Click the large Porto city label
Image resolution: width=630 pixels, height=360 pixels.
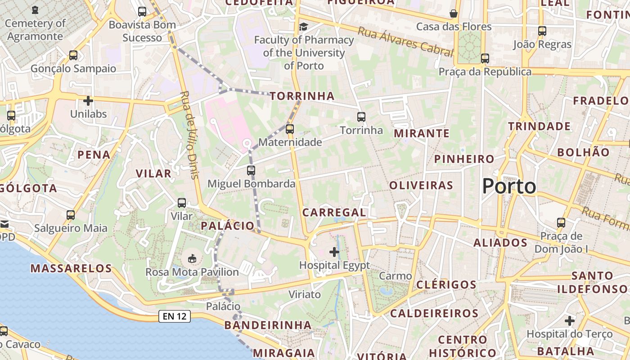point(509,186)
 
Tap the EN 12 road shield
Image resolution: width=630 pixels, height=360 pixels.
point(175,316)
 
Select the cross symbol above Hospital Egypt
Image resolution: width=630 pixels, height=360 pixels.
point(334,252)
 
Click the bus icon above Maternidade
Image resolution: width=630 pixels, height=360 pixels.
point(290,129)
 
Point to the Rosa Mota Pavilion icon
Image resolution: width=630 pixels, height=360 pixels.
point(192,258)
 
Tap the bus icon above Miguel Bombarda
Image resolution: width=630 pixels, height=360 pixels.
point(251,171)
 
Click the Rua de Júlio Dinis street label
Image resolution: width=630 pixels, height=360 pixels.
point(189,135)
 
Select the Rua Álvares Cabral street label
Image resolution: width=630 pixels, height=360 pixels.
point(405,42)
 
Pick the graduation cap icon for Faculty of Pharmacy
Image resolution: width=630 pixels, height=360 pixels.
point(304,27)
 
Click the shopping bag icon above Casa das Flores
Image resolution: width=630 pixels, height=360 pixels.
point(454,13)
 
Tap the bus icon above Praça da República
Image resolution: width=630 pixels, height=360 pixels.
point(485,58)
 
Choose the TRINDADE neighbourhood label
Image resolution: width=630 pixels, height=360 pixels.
point(539,126)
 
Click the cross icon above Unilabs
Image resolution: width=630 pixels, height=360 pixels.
point(88,100)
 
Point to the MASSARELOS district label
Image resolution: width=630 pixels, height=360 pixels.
point(71,269)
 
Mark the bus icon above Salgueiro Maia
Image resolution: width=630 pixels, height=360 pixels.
point(71,215)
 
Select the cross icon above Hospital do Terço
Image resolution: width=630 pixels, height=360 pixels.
point(570,321)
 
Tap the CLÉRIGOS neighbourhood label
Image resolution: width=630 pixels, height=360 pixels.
point(446,284)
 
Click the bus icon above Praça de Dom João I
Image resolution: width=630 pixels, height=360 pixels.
point(561,222)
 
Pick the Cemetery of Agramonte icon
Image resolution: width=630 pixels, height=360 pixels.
point(35,10)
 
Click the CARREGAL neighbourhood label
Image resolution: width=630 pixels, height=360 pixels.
point(334,212)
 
